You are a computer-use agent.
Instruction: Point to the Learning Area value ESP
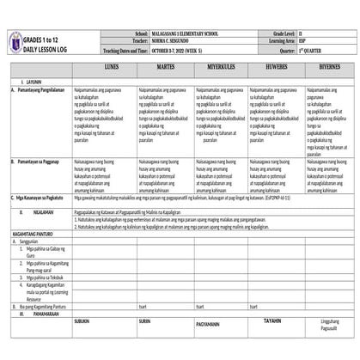click(x=307, y=40)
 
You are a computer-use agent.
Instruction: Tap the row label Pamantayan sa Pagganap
click(x=41, y=160)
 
